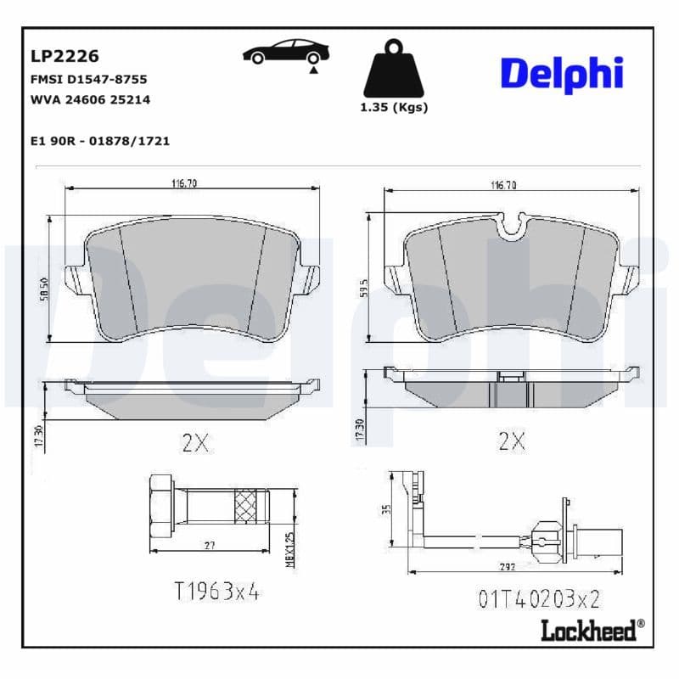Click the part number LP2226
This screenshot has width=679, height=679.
point(65,57)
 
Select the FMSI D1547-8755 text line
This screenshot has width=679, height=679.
point(88,79)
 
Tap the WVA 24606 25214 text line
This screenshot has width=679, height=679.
point(90,99)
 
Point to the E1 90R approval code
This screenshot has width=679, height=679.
point(99,141)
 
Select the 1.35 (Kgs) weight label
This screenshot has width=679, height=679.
point(394,108)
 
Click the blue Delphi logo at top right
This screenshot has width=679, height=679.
point(561,75)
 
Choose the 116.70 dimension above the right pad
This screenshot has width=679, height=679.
point(502,184)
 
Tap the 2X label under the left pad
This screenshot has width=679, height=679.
point(195,442)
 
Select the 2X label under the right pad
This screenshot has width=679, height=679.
point(512,442)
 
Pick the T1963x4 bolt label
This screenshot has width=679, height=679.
point(216,592)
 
